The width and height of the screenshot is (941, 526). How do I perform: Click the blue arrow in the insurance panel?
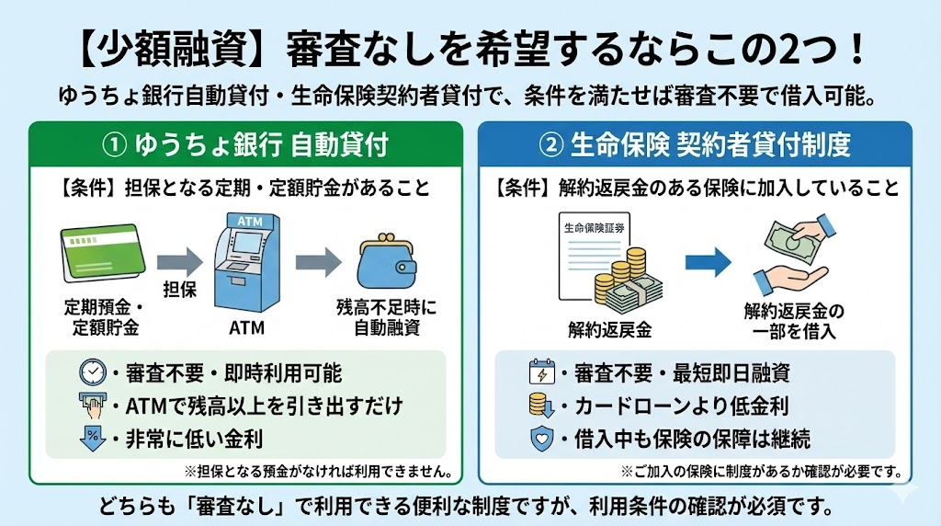708,262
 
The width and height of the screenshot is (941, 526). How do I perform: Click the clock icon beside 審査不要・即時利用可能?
93,372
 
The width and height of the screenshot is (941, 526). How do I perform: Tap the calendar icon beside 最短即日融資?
542,373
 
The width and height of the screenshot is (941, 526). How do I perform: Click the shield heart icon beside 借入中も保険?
542,439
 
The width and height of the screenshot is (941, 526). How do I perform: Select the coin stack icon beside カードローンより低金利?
542,406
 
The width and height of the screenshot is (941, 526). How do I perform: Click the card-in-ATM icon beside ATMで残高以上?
93,405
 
